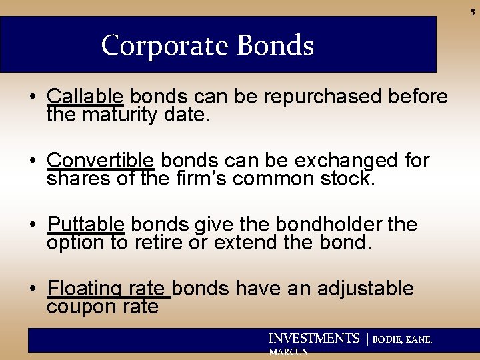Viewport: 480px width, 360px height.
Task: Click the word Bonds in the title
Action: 275,45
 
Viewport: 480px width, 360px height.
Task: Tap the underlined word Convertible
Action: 101,161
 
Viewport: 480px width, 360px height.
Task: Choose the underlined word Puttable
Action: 86,225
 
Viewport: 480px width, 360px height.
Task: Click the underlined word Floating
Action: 84,289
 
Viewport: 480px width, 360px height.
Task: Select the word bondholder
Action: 315,225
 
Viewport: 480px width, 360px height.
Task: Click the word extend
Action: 249,243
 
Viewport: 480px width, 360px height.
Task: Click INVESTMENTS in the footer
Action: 313,339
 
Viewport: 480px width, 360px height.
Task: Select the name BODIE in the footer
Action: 387,339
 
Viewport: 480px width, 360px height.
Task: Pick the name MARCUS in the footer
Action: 287,352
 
